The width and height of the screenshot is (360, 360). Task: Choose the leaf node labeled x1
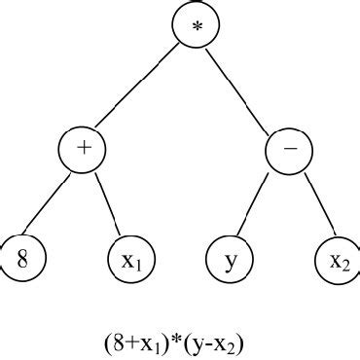coord(129,260)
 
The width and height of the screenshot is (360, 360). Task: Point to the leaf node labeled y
coord(230,260)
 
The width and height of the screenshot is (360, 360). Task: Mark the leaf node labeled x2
coord(337,260)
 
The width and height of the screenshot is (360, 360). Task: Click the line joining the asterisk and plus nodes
coord(139,89)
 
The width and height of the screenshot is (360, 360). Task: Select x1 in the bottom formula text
coord(138,343)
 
